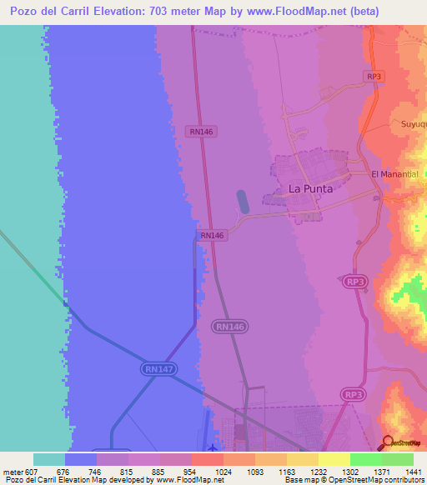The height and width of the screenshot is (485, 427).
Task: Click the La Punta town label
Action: click(310, 188)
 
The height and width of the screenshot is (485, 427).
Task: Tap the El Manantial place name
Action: click(399, 173)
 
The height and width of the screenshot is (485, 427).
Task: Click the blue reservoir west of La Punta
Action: click(243, 202)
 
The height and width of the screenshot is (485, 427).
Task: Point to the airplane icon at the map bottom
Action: click(213, 447)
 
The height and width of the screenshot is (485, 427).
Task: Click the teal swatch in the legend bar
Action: click(49, 459)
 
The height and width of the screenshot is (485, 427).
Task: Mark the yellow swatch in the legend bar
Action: click(334, 459)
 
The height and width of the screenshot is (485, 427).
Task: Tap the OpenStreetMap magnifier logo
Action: click(388, 443)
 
